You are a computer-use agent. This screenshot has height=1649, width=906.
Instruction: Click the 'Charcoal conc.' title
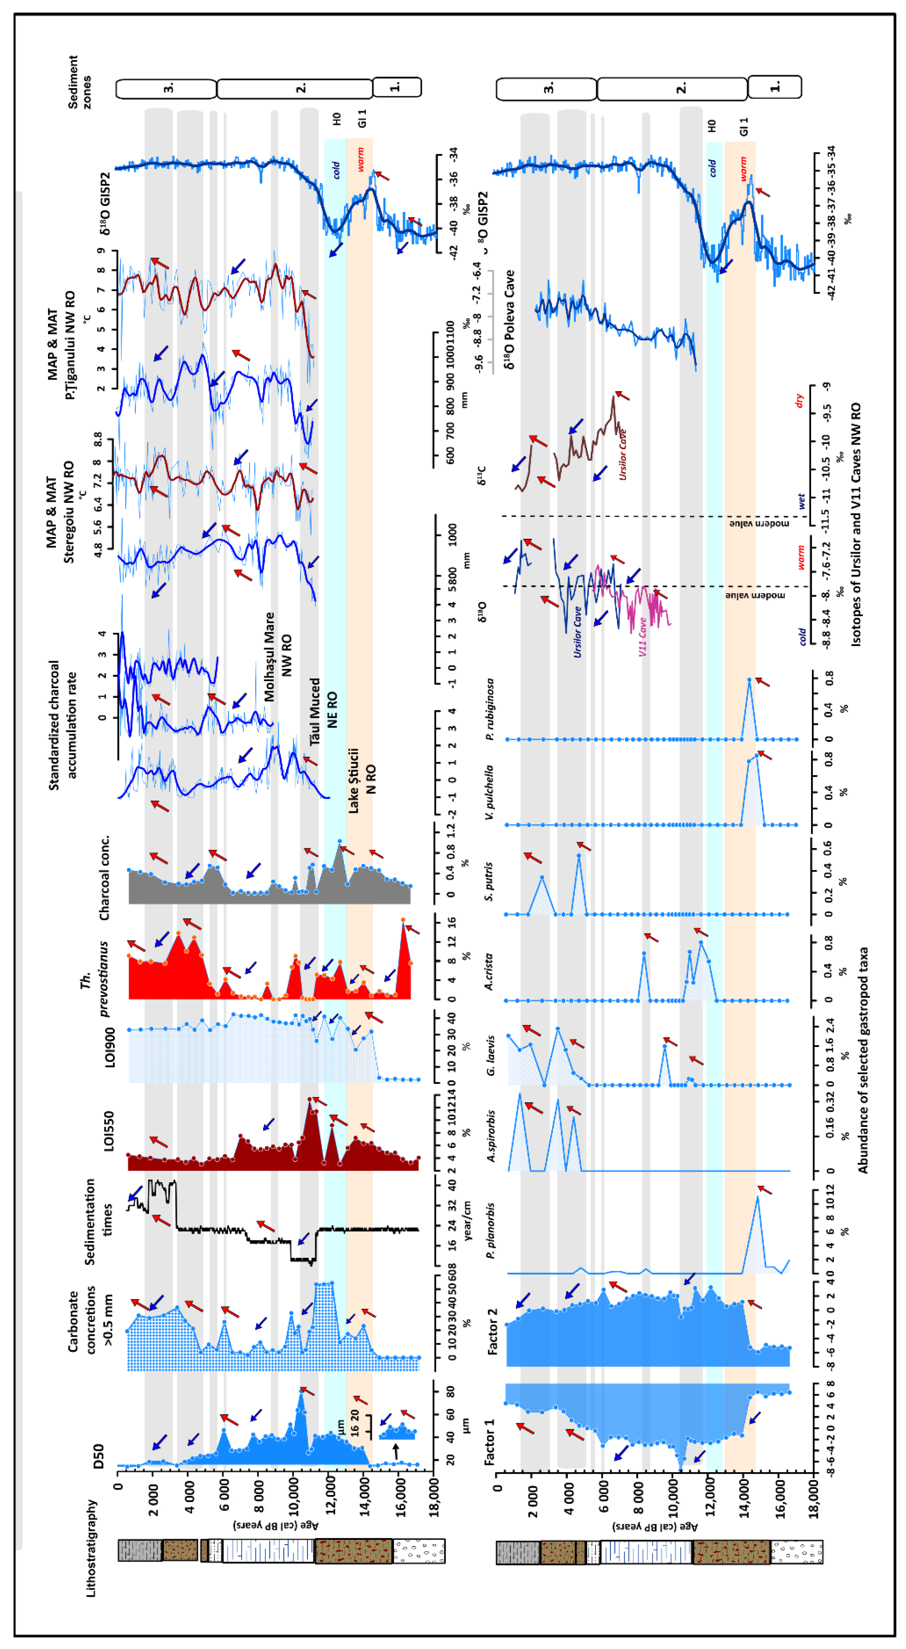click(x=104, y=878)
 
